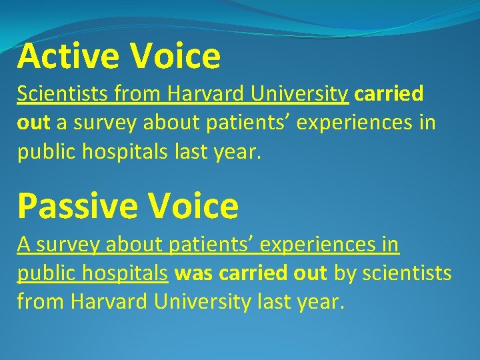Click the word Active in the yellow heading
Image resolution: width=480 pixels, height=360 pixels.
click(67, 56)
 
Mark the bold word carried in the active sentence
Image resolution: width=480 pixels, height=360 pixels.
click(389, 94)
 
